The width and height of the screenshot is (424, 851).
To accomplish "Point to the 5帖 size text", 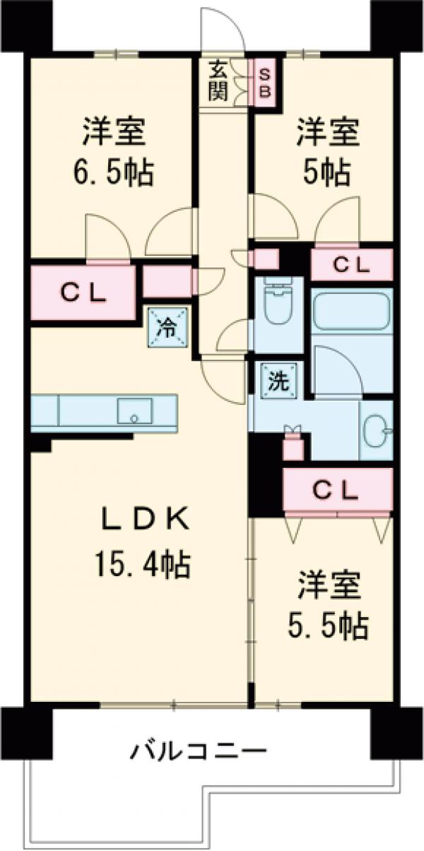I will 326,171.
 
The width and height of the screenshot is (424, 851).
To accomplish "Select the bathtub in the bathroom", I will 351,311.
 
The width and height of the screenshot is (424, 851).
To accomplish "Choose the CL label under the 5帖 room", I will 351,265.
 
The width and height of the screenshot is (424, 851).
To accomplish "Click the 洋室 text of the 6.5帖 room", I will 114,131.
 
